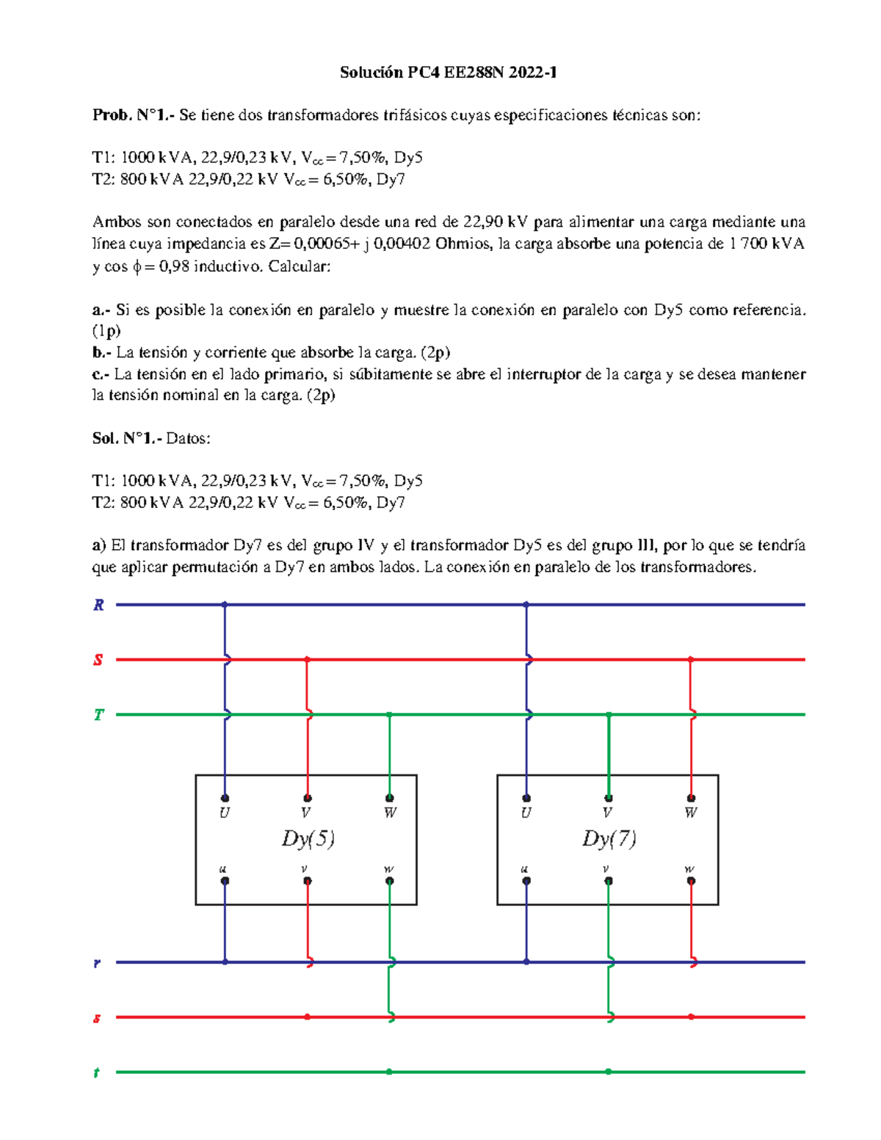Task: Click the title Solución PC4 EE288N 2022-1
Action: (x=448, y=72)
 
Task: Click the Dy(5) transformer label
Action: (x=308, y=838)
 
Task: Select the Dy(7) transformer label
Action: (x=609, y=838)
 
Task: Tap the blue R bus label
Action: (x=98, y=605)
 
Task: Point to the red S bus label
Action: (x=98, y=660)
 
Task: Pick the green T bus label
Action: (x=98, y=715)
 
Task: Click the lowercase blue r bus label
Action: (x=97, y=962)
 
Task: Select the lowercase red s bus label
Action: (x=96, y=1018)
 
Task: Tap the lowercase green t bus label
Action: (x=96, y=1072)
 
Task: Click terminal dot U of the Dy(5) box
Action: (x=225, y=798)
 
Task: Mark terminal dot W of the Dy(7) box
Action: (x=691, y=798)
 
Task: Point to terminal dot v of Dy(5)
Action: (x=308, y=881)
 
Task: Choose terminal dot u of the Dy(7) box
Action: (x=526, y=881)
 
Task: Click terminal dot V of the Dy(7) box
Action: (x=609, y=798)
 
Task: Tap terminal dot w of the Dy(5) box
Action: (x=390, y=881)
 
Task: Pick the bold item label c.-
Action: (x=101, y=374)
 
